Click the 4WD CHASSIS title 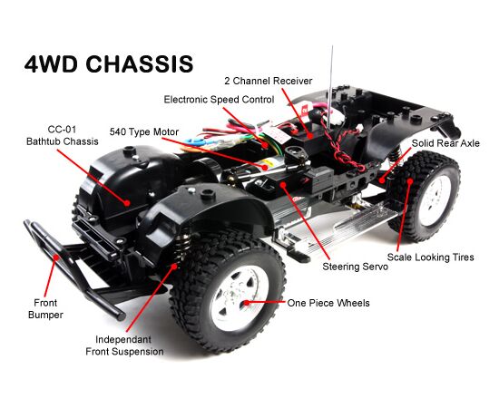[109, 63]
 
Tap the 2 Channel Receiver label [269, 81]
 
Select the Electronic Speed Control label [219, 100]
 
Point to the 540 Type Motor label [144, 131]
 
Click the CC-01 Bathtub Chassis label [63, 135]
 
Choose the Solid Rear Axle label [445, 143]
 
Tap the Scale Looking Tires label [431, 257]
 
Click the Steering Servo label [355, 267]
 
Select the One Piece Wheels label [328, 303]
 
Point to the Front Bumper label [45, 309]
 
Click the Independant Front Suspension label [125, 345]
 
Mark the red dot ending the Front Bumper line [56, 257]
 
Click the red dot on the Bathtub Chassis [127, 202]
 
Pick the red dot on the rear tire [410, 181]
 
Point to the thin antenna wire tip [333, 46]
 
